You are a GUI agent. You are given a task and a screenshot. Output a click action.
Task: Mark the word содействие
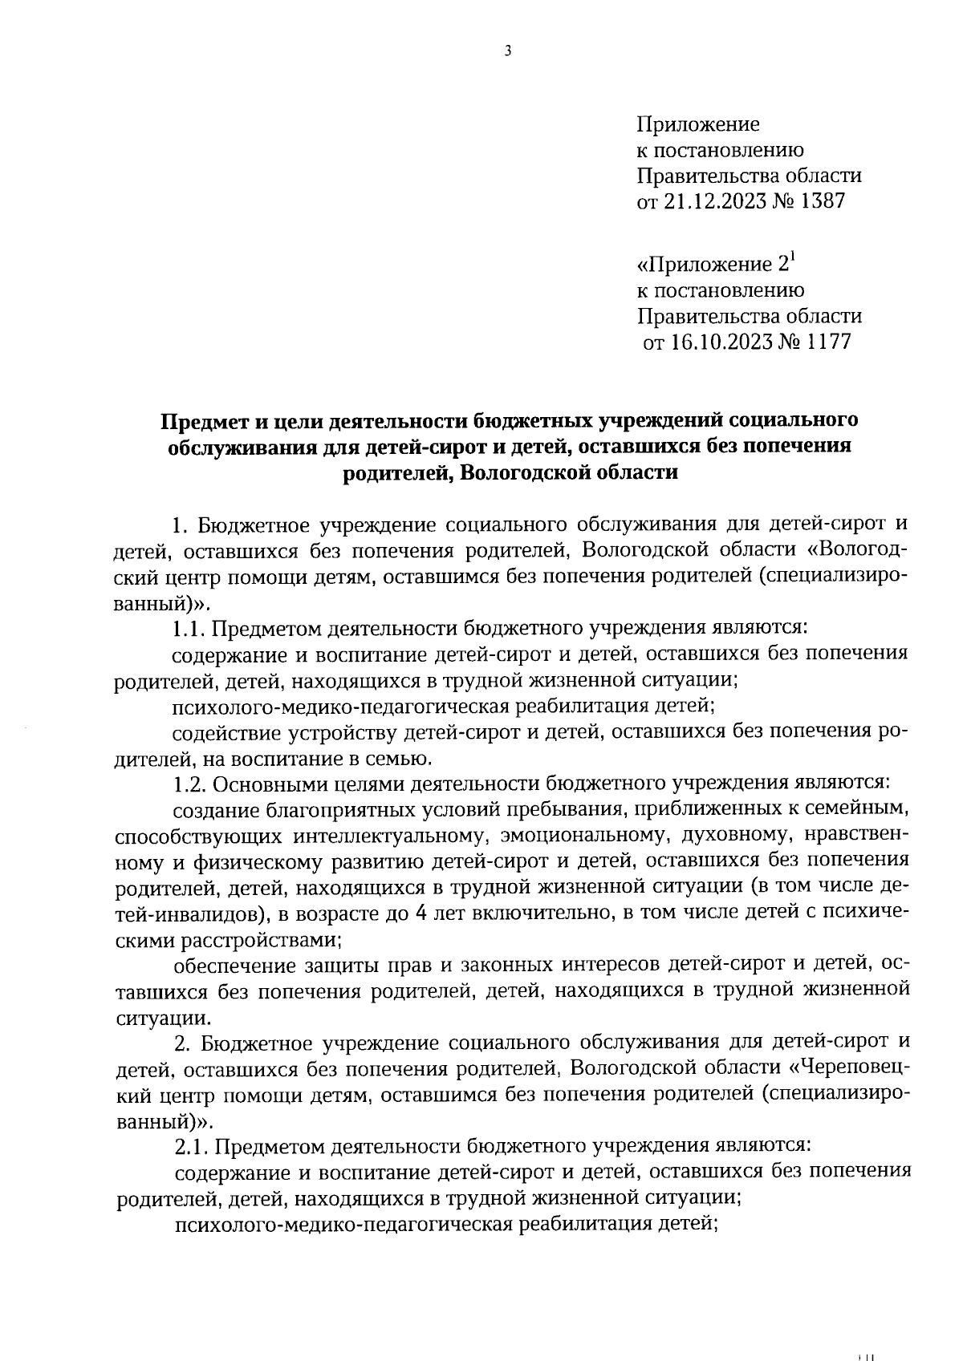pyautogui.click(x=223, y=731)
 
